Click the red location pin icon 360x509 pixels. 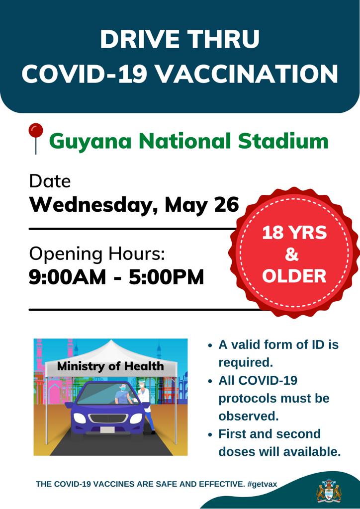[x=36, y=138]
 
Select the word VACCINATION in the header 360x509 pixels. [x=247, y=74]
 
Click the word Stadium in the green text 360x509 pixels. [x=283, y=141]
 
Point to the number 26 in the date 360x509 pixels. [x=227, y=205]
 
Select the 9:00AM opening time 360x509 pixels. [x=68, y=277]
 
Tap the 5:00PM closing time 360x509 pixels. [x=166, y=277]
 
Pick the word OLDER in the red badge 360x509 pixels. [x=294, y=276]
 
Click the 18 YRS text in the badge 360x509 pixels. [x=294, y=233]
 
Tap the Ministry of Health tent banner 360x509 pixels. [x=110, y=367]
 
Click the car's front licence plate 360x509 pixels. [x=107, y=429]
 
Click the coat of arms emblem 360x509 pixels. [x=329, y=491]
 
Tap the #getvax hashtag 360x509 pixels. [x=262, y=484]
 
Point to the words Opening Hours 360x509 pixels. [x=97, y=254]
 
